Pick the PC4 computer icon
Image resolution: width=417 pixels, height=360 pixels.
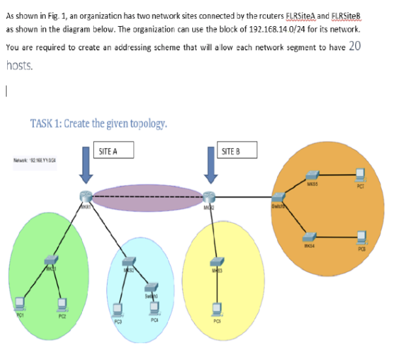click(x=153, y=305)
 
